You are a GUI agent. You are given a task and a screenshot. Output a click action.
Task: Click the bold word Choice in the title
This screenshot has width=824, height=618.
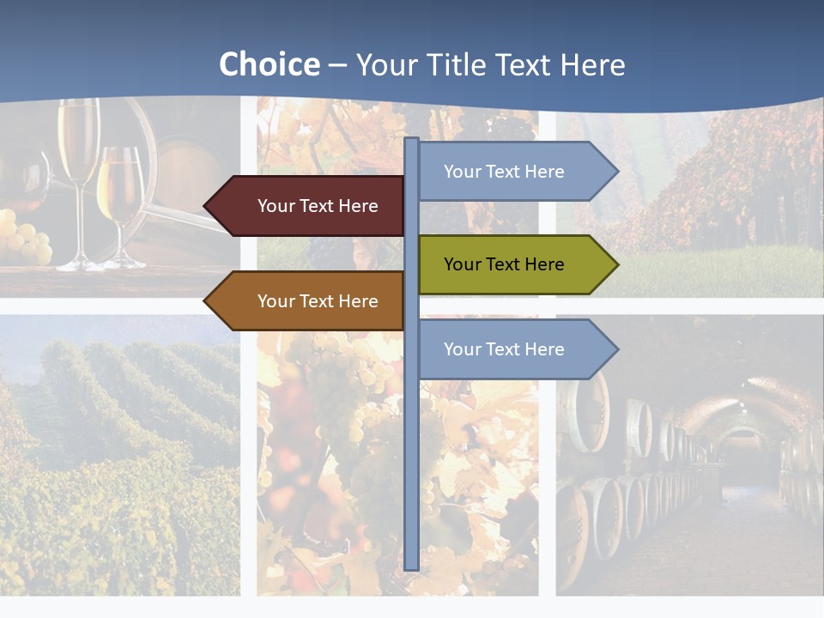point(269,65)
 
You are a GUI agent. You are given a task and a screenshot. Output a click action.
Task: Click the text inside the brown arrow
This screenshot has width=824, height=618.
point(318,301)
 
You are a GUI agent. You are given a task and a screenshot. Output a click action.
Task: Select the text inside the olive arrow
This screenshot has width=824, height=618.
point(504,264)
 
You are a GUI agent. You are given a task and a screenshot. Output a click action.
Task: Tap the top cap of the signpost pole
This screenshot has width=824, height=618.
point(412,140)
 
